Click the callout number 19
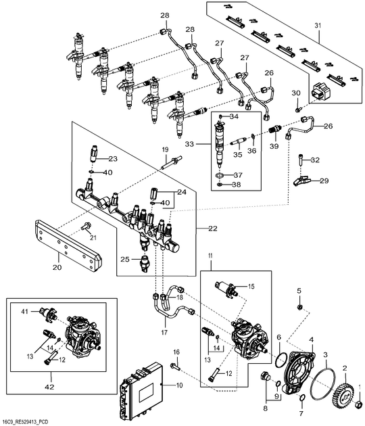pyautogui.click(x=164, y=149)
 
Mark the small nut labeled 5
pyautogui.click(x=299, y=308)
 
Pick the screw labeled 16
pyautogui.click(x=175, y=366)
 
